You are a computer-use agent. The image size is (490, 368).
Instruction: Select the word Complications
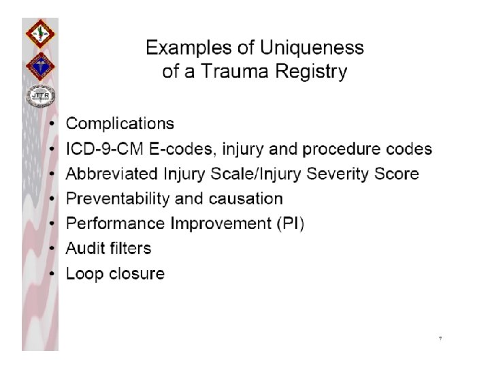tap(120, 124)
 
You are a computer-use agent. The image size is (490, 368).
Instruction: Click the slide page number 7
tap(440, 339)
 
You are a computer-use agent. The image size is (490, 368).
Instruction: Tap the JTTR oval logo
tap(39, 97)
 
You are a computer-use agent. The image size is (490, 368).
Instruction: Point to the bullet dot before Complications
tap(53, 125)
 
